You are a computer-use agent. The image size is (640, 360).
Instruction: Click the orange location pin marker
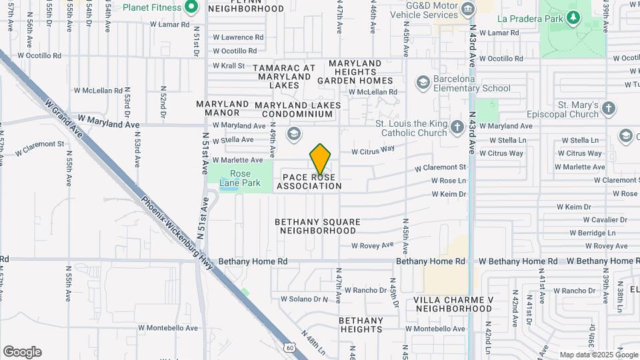[320, 159]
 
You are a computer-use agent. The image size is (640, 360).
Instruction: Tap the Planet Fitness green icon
[191, 7]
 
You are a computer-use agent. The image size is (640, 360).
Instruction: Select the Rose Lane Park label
[235, 179]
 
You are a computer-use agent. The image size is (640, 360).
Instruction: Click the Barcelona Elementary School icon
[422, 82]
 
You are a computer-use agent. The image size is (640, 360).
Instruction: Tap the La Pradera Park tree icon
[573, 17]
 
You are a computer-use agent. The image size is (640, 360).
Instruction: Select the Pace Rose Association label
[309, 182]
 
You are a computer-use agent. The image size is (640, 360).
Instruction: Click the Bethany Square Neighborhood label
[317, 226]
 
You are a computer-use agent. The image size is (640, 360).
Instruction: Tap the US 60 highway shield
[289, 347]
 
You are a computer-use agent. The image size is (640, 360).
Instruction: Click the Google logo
[22, 352]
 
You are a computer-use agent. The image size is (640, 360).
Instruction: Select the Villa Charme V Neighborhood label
[453, 304]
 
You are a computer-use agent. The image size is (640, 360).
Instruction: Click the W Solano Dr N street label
[304, 299]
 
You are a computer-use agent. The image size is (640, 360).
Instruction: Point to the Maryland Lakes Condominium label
[297, 110]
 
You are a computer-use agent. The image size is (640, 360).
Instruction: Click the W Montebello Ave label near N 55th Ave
[172, 328]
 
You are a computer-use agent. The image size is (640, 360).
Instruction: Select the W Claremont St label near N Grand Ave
[40, 143]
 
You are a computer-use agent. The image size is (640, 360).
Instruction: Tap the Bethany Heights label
[361, 325]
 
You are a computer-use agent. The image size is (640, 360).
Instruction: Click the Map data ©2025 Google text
[598, 355]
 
